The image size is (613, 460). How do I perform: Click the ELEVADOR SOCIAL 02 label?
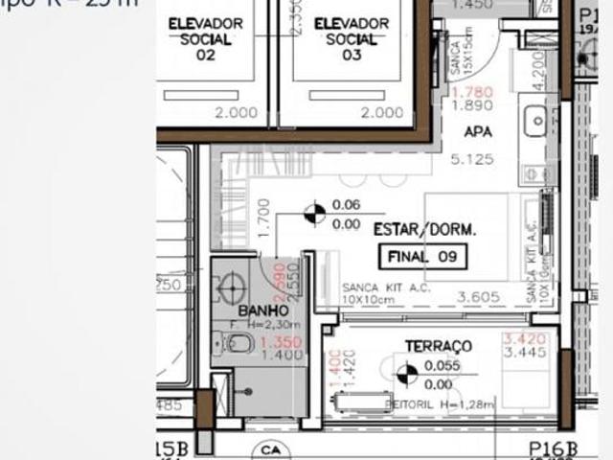[x=205, y=38]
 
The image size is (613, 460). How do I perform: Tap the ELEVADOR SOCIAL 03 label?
[x=352, y=38]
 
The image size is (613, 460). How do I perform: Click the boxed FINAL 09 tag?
[x=423, y=256]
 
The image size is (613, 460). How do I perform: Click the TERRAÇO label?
[x=439, y=345]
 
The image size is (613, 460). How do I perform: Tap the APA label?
[x=477, y=131]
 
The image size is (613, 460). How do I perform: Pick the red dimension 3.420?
[x=523, y=339]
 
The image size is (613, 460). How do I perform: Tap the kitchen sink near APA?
[x=535, y=120]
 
